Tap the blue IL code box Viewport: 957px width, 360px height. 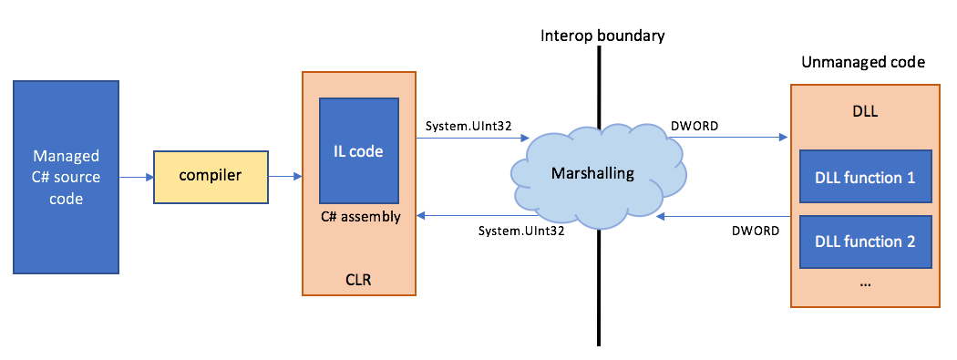tap(358, 150)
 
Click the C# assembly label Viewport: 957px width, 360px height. tap(358, 217)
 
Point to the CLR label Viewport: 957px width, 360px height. tap(358, 277)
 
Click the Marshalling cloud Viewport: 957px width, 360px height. tap(597, 172)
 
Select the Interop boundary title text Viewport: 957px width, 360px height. tap(602, 36)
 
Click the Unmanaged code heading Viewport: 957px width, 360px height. tap(863, 63)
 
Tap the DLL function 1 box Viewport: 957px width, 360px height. tap(865, 178)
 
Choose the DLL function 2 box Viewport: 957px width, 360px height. tap(865, 241)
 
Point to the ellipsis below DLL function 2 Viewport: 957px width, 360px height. tap(865, 283)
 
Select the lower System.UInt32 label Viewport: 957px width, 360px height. tap(520, 231)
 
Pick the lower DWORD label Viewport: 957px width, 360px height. tap(755, 231)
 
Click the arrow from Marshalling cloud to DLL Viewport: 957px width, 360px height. tap(729, 139)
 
